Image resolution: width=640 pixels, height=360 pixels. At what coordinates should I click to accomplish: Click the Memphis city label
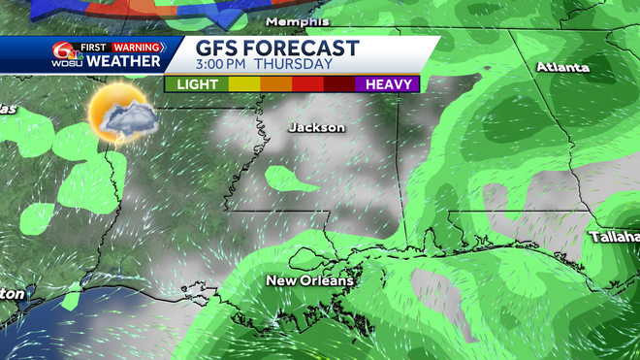[x=299, y=20]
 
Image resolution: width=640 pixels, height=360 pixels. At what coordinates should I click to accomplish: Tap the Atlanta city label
[x=563, y=67]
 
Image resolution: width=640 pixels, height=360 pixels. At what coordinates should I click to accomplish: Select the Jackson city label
[x=317, y=127]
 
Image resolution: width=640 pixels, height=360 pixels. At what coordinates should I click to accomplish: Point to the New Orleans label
[x=310, y=280]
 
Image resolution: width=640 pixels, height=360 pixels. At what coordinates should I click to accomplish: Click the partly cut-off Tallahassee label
[x=615, y=237]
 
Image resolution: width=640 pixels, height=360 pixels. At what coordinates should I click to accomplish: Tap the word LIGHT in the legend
[x=196, y=84]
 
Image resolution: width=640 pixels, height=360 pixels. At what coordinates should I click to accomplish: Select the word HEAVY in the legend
[x=391, y=84]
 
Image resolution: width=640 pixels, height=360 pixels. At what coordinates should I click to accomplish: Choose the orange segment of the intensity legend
[x=274, y=84]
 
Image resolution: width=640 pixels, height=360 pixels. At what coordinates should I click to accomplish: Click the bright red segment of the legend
[x=308, y=84]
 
